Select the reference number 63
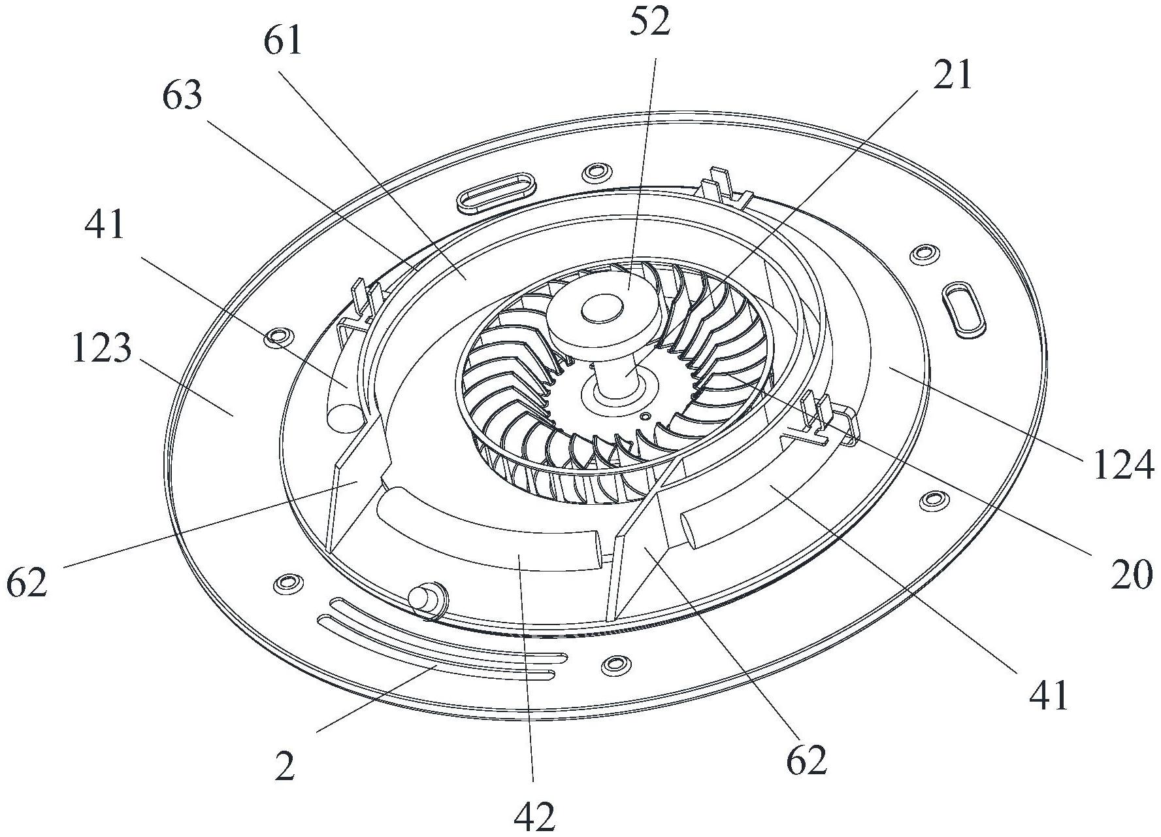[x=182, y=96]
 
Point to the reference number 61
[x=284, y=43]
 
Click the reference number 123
[x=101, y=348]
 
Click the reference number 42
[x=534, y=815]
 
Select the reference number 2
[x=285, y=766]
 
